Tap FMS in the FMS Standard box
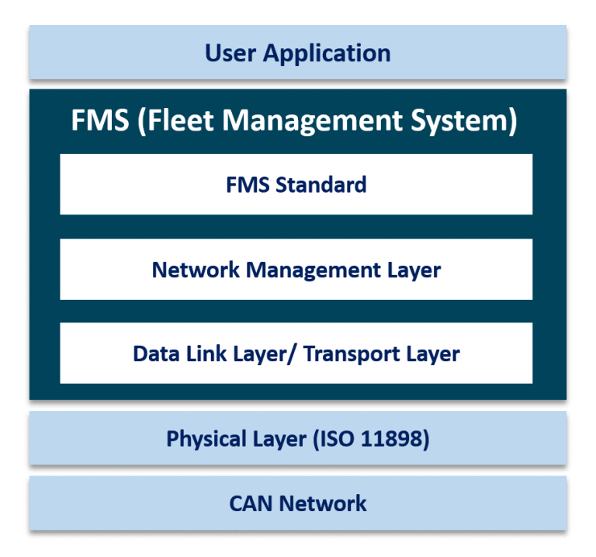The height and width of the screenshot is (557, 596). pos(245,185)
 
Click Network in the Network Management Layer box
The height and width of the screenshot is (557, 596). pos(196,270)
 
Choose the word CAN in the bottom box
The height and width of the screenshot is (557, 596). pos(251,503)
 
